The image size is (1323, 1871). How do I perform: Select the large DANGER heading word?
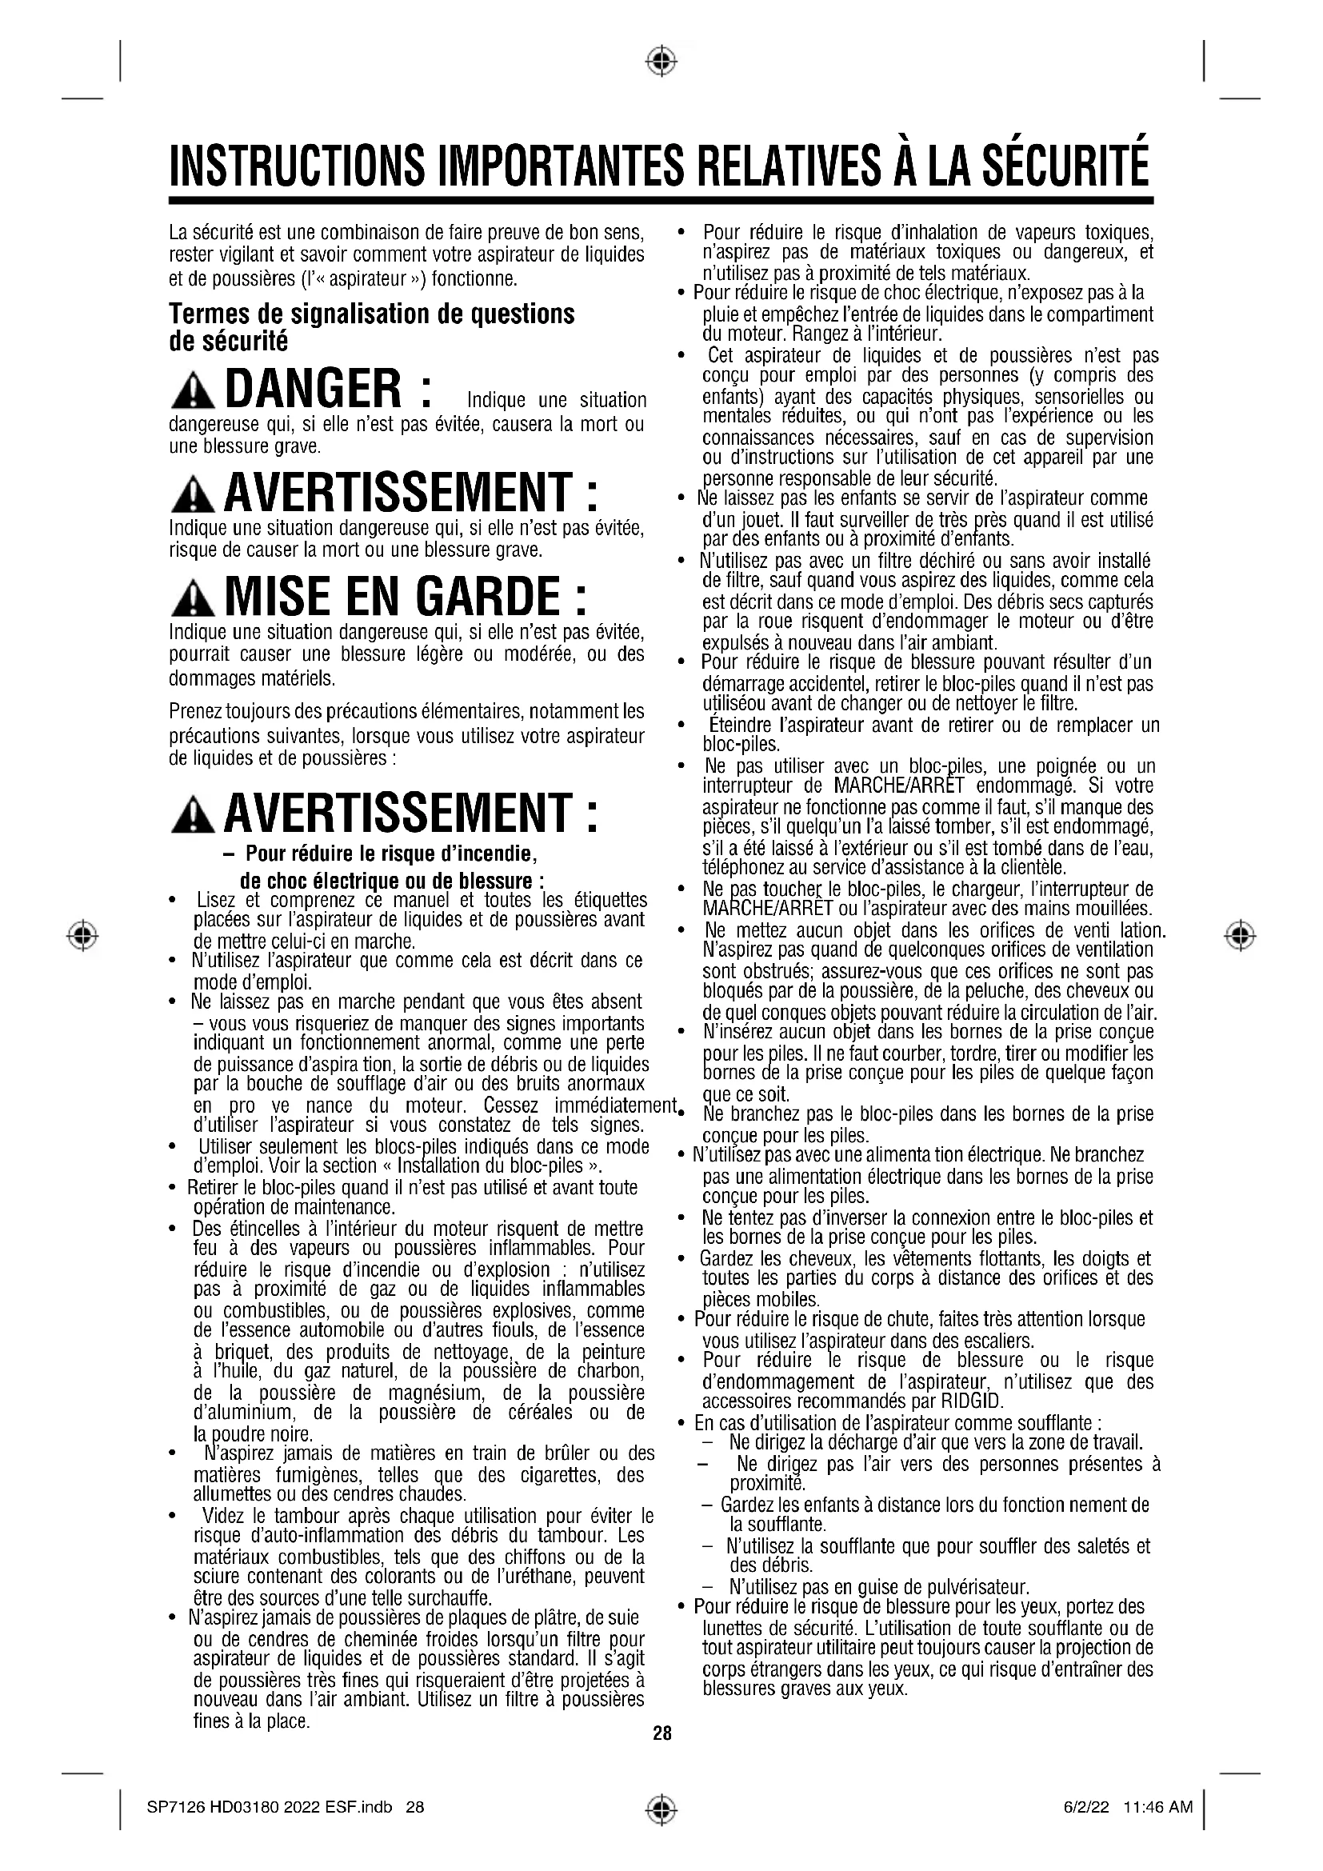313,390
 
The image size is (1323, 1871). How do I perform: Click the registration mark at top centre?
661,60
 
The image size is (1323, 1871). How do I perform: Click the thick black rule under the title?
661,200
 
